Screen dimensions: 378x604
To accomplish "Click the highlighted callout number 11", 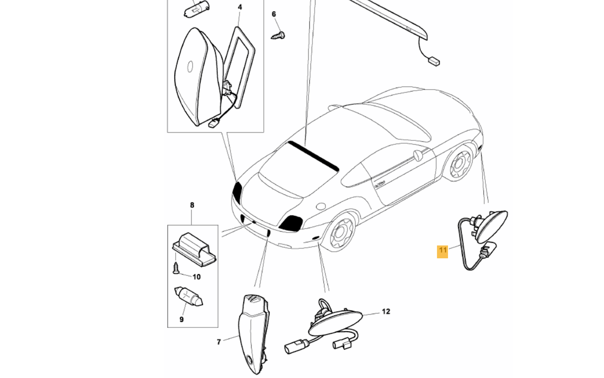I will (x=442, y=251).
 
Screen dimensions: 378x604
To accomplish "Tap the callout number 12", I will (x=386, y=312).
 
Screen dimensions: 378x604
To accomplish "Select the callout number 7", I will (x=219, y=342).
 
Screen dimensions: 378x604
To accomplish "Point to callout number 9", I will (x=181, y=319).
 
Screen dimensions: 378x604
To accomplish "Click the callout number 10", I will (x=196, y=277).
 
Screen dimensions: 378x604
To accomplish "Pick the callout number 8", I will (x=192, y=205).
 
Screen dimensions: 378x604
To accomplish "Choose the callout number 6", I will (x=274, y=14).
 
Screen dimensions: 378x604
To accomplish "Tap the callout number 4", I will (x=240, y=7).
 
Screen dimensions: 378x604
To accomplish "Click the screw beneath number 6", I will (x=278, y=35).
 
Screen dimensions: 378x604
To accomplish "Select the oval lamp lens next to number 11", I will (x=492, y=226).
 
